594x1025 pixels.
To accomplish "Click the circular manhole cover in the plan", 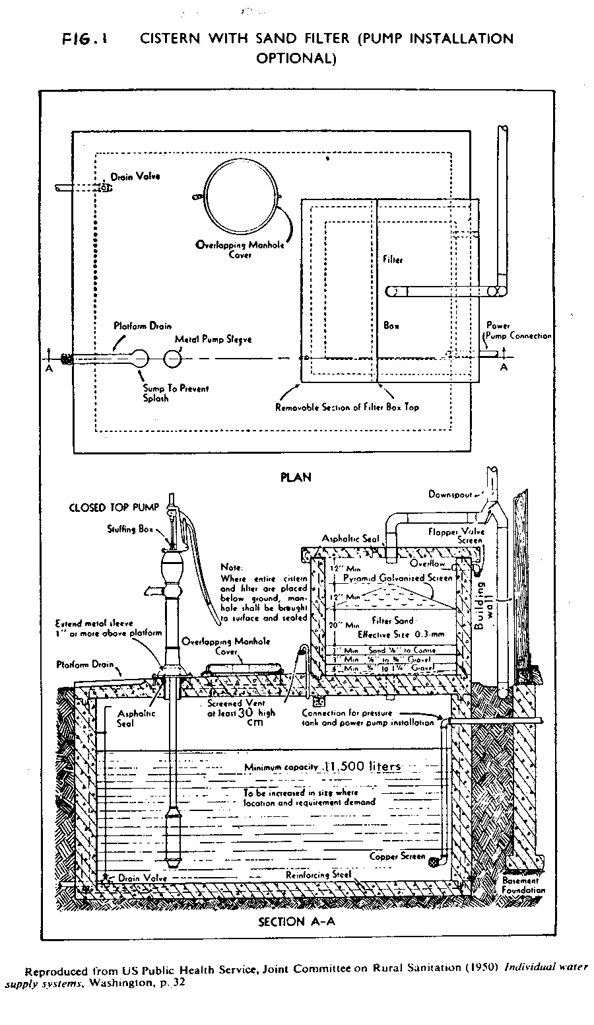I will [x=241, y=193].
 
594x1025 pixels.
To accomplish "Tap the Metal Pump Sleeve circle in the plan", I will [x=173, y=359].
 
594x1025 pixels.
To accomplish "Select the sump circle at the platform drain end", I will [x=141, y=359].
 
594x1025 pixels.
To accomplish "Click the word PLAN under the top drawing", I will [x=296, y=477].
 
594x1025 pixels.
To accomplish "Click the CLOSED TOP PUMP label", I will [x=114, y=508].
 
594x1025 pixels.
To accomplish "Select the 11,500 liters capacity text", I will [x=362, y=767].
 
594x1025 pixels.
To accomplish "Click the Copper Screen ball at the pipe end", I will [x=434, y=861].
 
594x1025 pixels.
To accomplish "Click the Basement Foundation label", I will [x=524, y=885].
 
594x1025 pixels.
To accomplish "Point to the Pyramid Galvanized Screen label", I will [x=398, y=577].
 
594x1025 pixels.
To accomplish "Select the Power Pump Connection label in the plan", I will [x=517, y=331].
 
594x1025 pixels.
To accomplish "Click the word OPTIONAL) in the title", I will [x=296, y=58].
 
